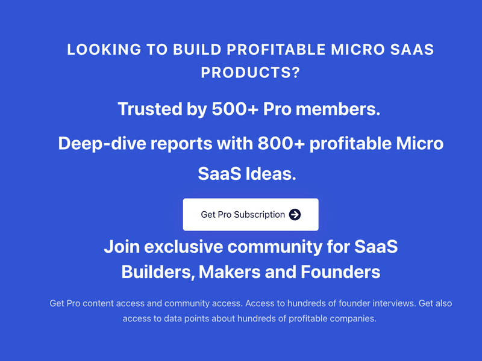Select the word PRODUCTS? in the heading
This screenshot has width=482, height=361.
[251, 72]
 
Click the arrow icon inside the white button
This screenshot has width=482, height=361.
[295, 214]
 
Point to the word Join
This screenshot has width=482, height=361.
[121, 246]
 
